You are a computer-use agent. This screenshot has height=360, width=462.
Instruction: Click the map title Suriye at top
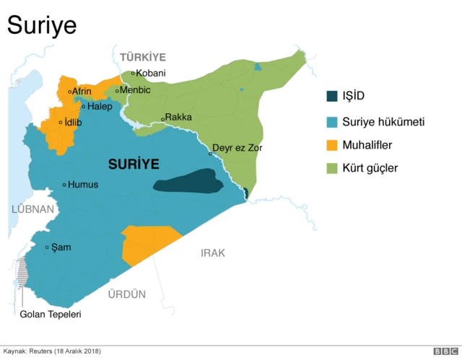[42, 25]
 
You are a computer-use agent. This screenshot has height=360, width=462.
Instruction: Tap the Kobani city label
[151, 73]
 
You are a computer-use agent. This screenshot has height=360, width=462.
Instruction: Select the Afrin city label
[82, 92]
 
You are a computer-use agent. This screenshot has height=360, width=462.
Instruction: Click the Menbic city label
[135, 90]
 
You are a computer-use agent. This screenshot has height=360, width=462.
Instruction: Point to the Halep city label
[100, 106]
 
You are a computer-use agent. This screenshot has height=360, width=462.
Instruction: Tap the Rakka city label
[178, 117]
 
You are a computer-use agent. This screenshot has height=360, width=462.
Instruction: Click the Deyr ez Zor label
[237, 148]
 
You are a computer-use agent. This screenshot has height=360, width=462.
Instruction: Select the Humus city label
[82, 185]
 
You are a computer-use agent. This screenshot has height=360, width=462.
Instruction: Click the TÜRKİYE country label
[143, 57]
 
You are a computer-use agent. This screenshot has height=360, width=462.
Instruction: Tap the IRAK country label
[213, 253]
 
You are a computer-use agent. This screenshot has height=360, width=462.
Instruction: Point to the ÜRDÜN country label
[126, 294]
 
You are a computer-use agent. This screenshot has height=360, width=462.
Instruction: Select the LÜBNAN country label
[32, 208]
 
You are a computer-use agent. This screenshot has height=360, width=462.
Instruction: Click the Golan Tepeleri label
[51, 315]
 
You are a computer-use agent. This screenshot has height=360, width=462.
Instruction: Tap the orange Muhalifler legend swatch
[331, 145]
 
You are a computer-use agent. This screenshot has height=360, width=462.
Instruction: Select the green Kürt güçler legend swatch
[331, 168]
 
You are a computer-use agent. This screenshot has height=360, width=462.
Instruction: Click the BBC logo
[445, 351]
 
